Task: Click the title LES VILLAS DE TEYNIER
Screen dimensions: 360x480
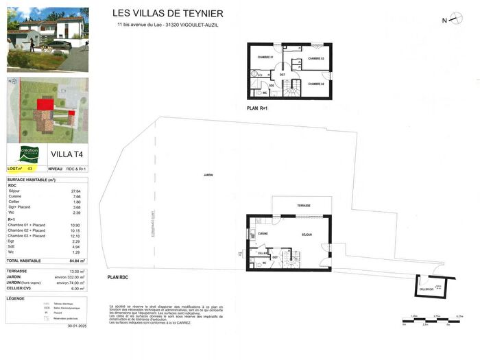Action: (167, 14)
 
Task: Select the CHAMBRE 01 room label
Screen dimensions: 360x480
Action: (265, 57)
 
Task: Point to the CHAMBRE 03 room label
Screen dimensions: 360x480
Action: (315, 59)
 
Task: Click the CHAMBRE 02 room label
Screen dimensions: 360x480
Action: (315, 83)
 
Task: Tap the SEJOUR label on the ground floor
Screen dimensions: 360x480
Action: (307, 234)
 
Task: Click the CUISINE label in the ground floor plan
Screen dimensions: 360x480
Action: (263, 234)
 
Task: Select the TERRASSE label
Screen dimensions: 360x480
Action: (304, 206)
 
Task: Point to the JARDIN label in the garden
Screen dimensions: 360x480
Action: (207, 176)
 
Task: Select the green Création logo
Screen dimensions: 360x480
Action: (28, 154)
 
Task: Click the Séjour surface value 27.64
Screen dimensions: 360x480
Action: (77, 191)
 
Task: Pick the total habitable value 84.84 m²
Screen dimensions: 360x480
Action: (77, 261)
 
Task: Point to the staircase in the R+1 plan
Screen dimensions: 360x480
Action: (293, 88)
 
